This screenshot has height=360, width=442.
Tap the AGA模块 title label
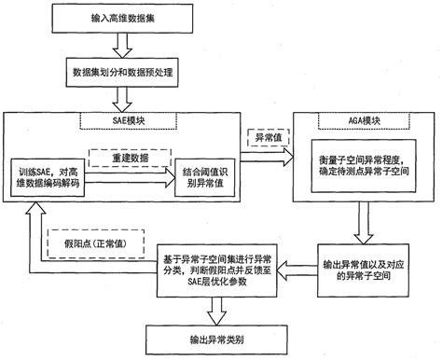tap(358, 119)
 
